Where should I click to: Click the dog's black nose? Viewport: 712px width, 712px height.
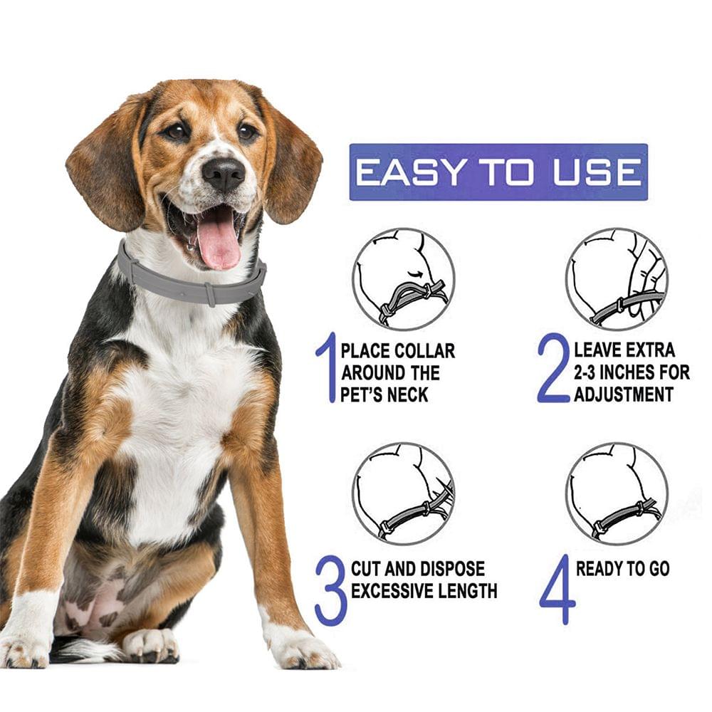coord(223,173)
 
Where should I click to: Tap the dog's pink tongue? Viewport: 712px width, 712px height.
coord(218,243)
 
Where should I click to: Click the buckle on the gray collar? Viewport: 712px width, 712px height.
coord(210,293)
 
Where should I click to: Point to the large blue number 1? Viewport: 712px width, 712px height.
coord(326,368)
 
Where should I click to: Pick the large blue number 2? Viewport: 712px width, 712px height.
coord(554,368)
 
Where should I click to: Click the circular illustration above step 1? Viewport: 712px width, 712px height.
coord(403,279)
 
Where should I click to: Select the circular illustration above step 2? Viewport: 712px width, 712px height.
coord(617,279)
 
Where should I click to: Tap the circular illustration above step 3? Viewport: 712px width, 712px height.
coord(403,493)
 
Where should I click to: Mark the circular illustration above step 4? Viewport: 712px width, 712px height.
coord(617,493)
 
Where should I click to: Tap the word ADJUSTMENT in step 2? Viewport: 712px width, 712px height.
coord(624,394)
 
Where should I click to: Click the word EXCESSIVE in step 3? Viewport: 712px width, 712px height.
coord(392,591)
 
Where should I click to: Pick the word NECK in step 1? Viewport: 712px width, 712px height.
coord(408,394)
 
